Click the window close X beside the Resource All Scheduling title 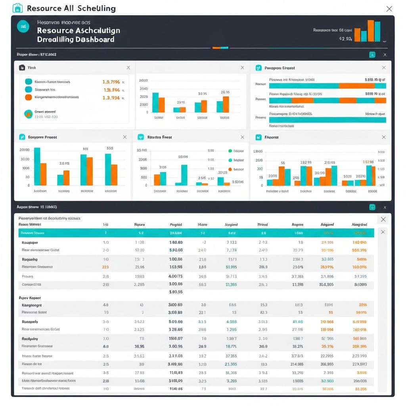pos(389,9)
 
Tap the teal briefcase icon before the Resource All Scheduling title pos(17,8)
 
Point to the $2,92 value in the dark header pos(345,39)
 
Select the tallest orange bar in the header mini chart pos(371,31)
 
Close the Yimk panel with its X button pos(128,68)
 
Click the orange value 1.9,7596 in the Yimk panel pos(111,82)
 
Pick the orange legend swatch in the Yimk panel pos(28,97)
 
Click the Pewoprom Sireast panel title pos(280,68)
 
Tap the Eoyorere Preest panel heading pos(42,137)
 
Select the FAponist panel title pos(272,137)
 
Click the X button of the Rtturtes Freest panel pos(242,137)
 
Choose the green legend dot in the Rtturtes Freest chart pos(230,151)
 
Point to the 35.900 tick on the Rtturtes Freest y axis pos(142,151)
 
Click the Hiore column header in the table pos(202,224)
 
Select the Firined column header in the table pos(262,224)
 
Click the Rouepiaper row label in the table pos(30,242)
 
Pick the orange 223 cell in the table pos(105,267)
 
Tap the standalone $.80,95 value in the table pos(176,292)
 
